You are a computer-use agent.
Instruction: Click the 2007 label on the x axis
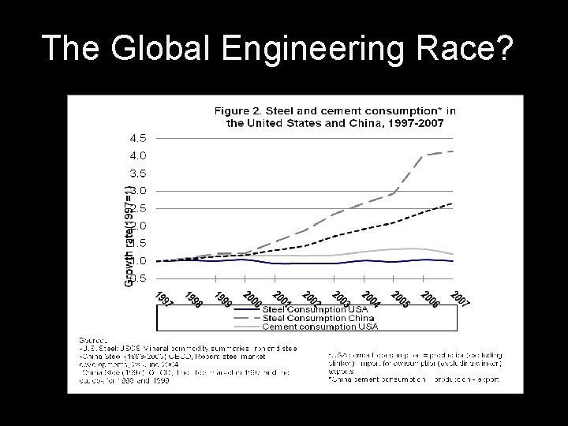click(x=461, y=300)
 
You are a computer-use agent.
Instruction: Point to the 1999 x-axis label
click(x=222, y=300)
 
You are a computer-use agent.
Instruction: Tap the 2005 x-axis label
click(x=401, y=300)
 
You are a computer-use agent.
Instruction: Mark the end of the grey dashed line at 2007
click(x=452, y=151)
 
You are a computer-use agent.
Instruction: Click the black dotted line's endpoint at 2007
click(x=452, y=204)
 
